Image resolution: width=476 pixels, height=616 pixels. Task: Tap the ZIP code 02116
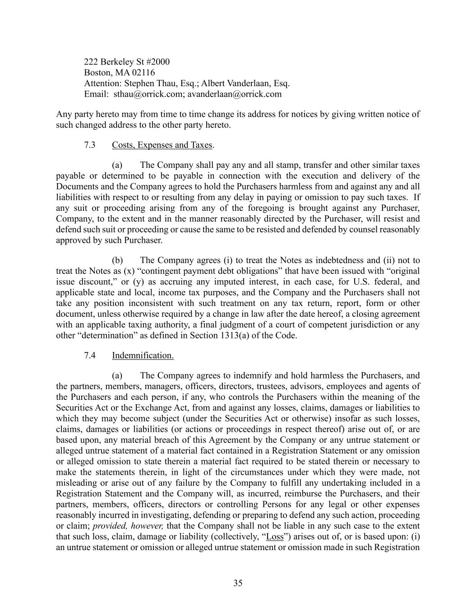tap(143, 73)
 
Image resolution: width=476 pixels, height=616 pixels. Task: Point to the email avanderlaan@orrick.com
tap(235, 94)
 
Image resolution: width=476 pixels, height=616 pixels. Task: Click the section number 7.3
tap(90, 145)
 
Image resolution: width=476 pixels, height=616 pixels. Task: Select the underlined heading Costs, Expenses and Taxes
tap(162, 145)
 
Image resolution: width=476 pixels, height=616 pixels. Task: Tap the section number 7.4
tap(90, 356)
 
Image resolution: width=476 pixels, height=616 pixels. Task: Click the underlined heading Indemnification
tap(143, 356)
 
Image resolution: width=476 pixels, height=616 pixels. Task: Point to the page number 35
tap(238, 583)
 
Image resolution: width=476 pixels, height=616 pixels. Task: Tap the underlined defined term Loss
tap(275, 537)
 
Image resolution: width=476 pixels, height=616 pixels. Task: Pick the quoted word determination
tap(99, 336)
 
